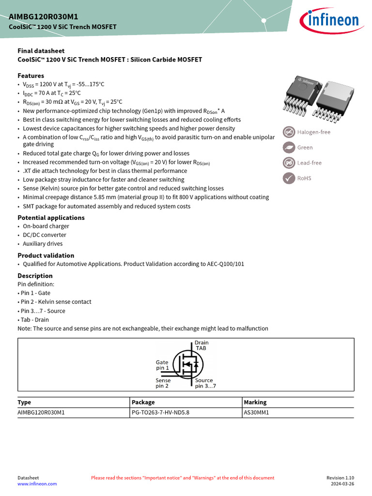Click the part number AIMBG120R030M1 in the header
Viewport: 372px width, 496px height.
[x=43, y=16]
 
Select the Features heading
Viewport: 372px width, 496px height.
[x=31, y=76]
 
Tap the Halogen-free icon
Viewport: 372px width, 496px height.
[x=289, y=132]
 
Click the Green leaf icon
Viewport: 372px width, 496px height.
[x=289, y=147]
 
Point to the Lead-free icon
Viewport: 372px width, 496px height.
[x=289, y=163]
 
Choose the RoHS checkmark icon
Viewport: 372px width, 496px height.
[x=289, y=178]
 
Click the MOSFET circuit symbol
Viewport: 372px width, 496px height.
[x=187, y=365]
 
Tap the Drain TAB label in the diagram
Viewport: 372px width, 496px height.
[x=201, y=345]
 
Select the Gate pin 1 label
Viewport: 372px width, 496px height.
[x=162, y=365]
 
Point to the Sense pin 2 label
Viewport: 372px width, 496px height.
[x=163, y=383]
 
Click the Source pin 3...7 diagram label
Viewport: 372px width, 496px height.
[x=205, y=383]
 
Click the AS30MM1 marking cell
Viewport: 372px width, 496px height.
[x=256, y=413]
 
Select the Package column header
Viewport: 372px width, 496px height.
[x=143, y=402]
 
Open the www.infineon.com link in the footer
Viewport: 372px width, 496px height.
[x=37, y=483]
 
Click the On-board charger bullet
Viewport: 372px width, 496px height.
[x=46, y=226]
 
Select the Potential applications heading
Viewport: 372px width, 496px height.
[x=51, y=217]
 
